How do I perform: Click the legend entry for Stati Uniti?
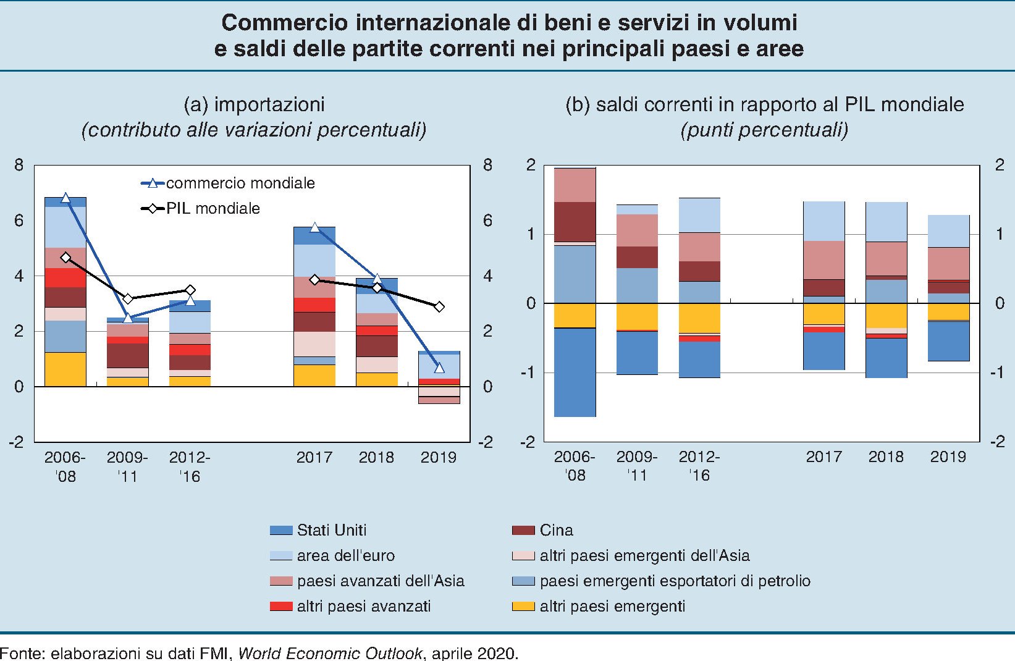331,530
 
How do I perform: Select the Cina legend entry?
556,530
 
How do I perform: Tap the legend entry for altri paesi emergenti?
612,606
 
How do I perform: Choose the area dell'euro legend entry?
345,555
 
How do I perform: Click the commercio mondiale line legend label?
240,183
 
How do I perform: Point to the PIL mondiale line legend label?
213,209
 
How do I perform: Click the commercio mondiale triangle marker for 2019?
439,368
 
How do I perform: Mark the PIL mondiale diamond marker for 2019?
439,306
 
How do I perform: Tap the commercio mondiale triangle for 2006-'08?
65,198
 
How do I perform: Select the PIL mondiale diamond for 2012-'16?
190,290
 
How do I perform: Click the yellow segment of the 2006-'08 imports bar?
65,369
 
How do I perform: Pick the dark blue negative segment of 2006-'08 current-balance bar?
575,373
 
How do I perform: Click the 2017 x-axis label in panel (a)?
314,457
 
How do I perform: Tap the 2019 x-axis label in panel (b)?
948,457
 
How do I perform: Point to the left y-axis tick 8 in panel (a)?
20,165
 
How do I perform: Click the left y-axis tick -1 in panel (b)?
527,373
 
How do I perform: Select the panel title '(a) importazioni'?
254,104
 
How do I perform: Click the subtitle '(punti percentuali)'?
764,130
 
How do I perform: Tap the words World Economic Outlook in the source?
330,653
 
